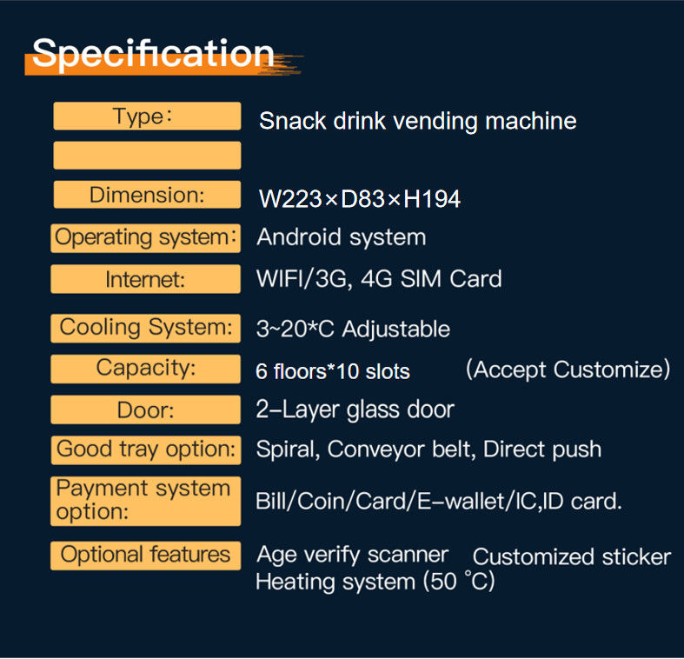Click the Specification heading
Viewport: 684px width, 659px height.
153,54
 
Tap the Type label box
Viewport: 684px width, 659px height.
147,116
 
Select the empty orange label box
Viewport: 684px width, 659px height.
147,156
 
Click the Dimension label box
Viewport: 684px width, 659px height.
147,195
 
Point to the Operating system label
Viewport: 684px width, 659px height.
145,237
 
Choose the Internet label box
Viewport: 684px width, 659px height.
145,279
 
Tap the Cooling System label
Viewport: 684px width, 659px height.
145,328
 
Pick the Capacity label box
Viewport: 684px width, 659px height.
145,368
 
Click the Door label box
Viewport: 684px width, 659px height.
145,409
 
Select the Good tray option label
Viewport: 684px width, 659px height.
145,449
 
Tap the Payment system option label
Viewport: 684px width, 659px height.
145,501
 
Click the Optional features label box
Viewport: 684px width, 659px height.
145,555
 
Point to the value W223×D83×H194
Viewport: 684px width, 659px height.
360,199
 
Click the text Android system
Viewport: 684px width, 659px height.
341,237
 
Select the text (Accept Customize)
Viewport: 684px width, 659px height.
568,369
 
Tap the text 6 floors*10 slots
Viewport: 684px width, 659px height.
333,372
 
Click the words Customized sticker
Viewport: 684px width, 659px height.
572,557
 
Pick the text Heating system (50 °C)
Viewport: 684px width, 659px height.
375,582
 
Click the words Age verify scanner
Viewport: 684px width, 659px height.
352,555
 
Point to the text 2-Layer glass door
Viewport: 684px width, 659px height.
355,409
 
